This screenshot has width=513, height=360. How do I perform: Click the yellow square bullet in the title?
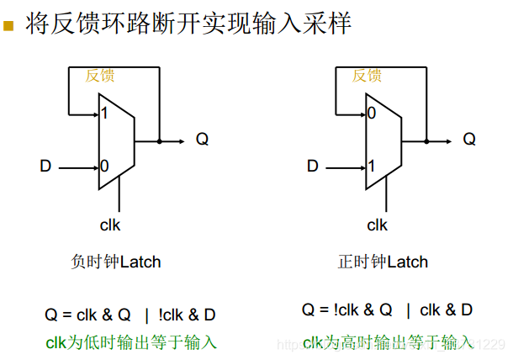[10, 26]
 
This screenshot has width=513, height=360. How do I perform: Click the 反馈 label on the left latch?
[100, 76]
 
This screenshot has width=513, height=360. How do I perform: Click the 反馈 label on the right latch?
[368, 76]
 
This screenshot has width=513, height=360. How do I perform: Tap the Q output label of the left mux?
[202, 140]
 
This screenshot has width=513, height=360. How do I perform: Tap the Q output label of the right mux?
[469, 140]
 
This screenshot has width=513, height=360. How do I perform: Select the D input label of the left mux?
[45, 167]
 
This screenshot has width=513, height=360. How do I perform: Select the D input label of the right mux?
[313, 167]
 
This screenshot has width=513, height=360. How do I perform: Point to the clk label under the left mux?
[110, 225]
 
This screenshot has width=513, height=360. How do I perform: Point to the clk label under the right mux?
[378, 225]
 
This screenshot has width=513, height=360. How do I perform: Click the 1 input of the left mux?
[103, 114]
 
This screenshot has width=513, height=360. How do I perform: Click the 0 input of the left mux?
[104, 167]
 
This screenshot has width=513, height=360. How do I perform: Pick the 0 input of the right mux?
[371, 114]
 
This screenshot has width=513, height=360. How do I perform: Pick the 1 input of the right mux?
[371, 167]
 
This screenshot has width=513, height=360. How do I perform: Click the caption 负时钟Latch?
[116, 262]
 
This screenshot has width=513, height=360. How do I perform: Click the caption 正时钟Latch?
[383, 262]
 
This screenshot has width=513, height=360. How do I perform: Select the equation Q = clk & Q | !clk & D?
[130, 315]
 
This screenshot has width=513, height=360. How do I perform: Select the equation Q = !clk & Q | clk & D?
[387, 310]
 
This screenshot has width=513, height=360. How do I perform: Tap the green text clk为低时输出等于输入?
[131, 342]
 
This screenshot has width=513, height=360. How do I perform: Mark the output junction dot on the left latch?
[159, 140]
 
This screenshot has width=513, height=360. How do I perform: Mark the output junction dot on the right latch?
[426, 140]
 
